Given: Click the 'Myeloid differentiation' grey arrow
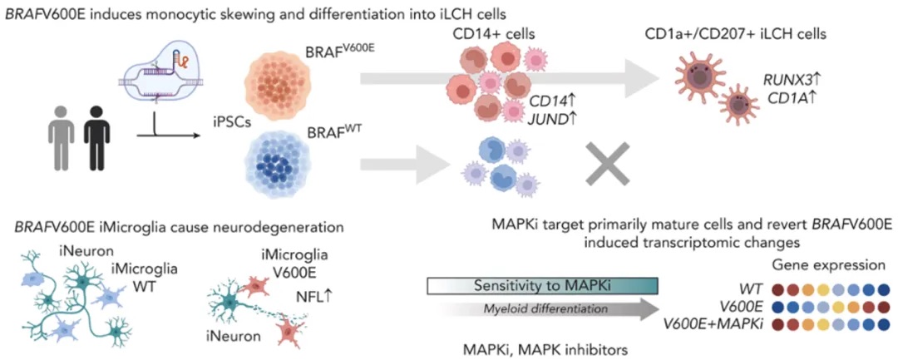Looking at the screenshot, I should point(554,310).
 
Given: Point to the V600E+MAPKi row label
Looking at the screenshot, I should point(733,323).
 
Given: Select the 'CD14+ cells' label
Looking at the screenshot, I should point(493,34).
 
